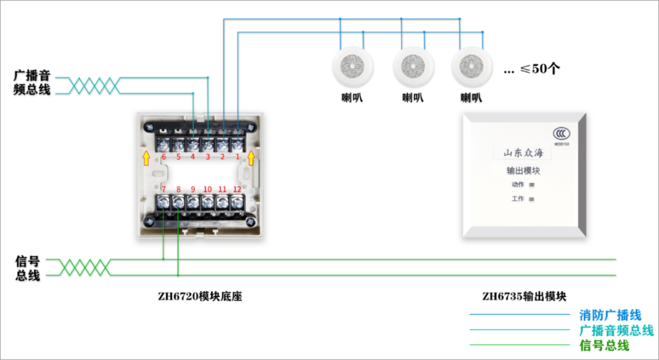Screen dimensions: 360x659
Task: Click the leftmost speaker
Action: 351,67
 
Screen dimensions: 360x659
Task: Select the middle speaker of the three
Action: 413,67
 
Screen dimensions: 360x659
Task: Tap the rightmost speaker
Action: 472,67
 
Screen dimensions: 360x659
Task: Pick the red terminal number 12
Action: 237,189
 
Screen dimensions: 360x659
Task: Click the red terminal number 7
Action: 164,189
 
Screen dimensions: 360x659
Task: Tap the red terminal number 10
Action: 207,189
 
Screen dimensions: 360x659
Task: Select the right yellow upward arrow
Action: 251,159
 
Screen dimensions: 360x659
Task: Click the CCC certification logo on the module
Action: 560,134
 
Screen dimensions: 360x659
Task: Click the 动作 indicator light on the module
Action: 531,185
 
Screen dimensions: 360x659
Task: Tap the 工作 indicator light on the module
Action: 531,199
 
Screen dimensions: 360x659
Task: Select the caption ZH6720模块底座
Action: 195,297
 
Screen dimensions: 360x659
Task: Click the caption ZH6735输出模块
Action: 524,297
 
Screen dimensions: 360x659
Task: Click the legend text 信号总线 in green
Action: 604,345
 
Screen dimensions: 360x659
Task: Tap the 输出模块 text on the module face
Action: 523,171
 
